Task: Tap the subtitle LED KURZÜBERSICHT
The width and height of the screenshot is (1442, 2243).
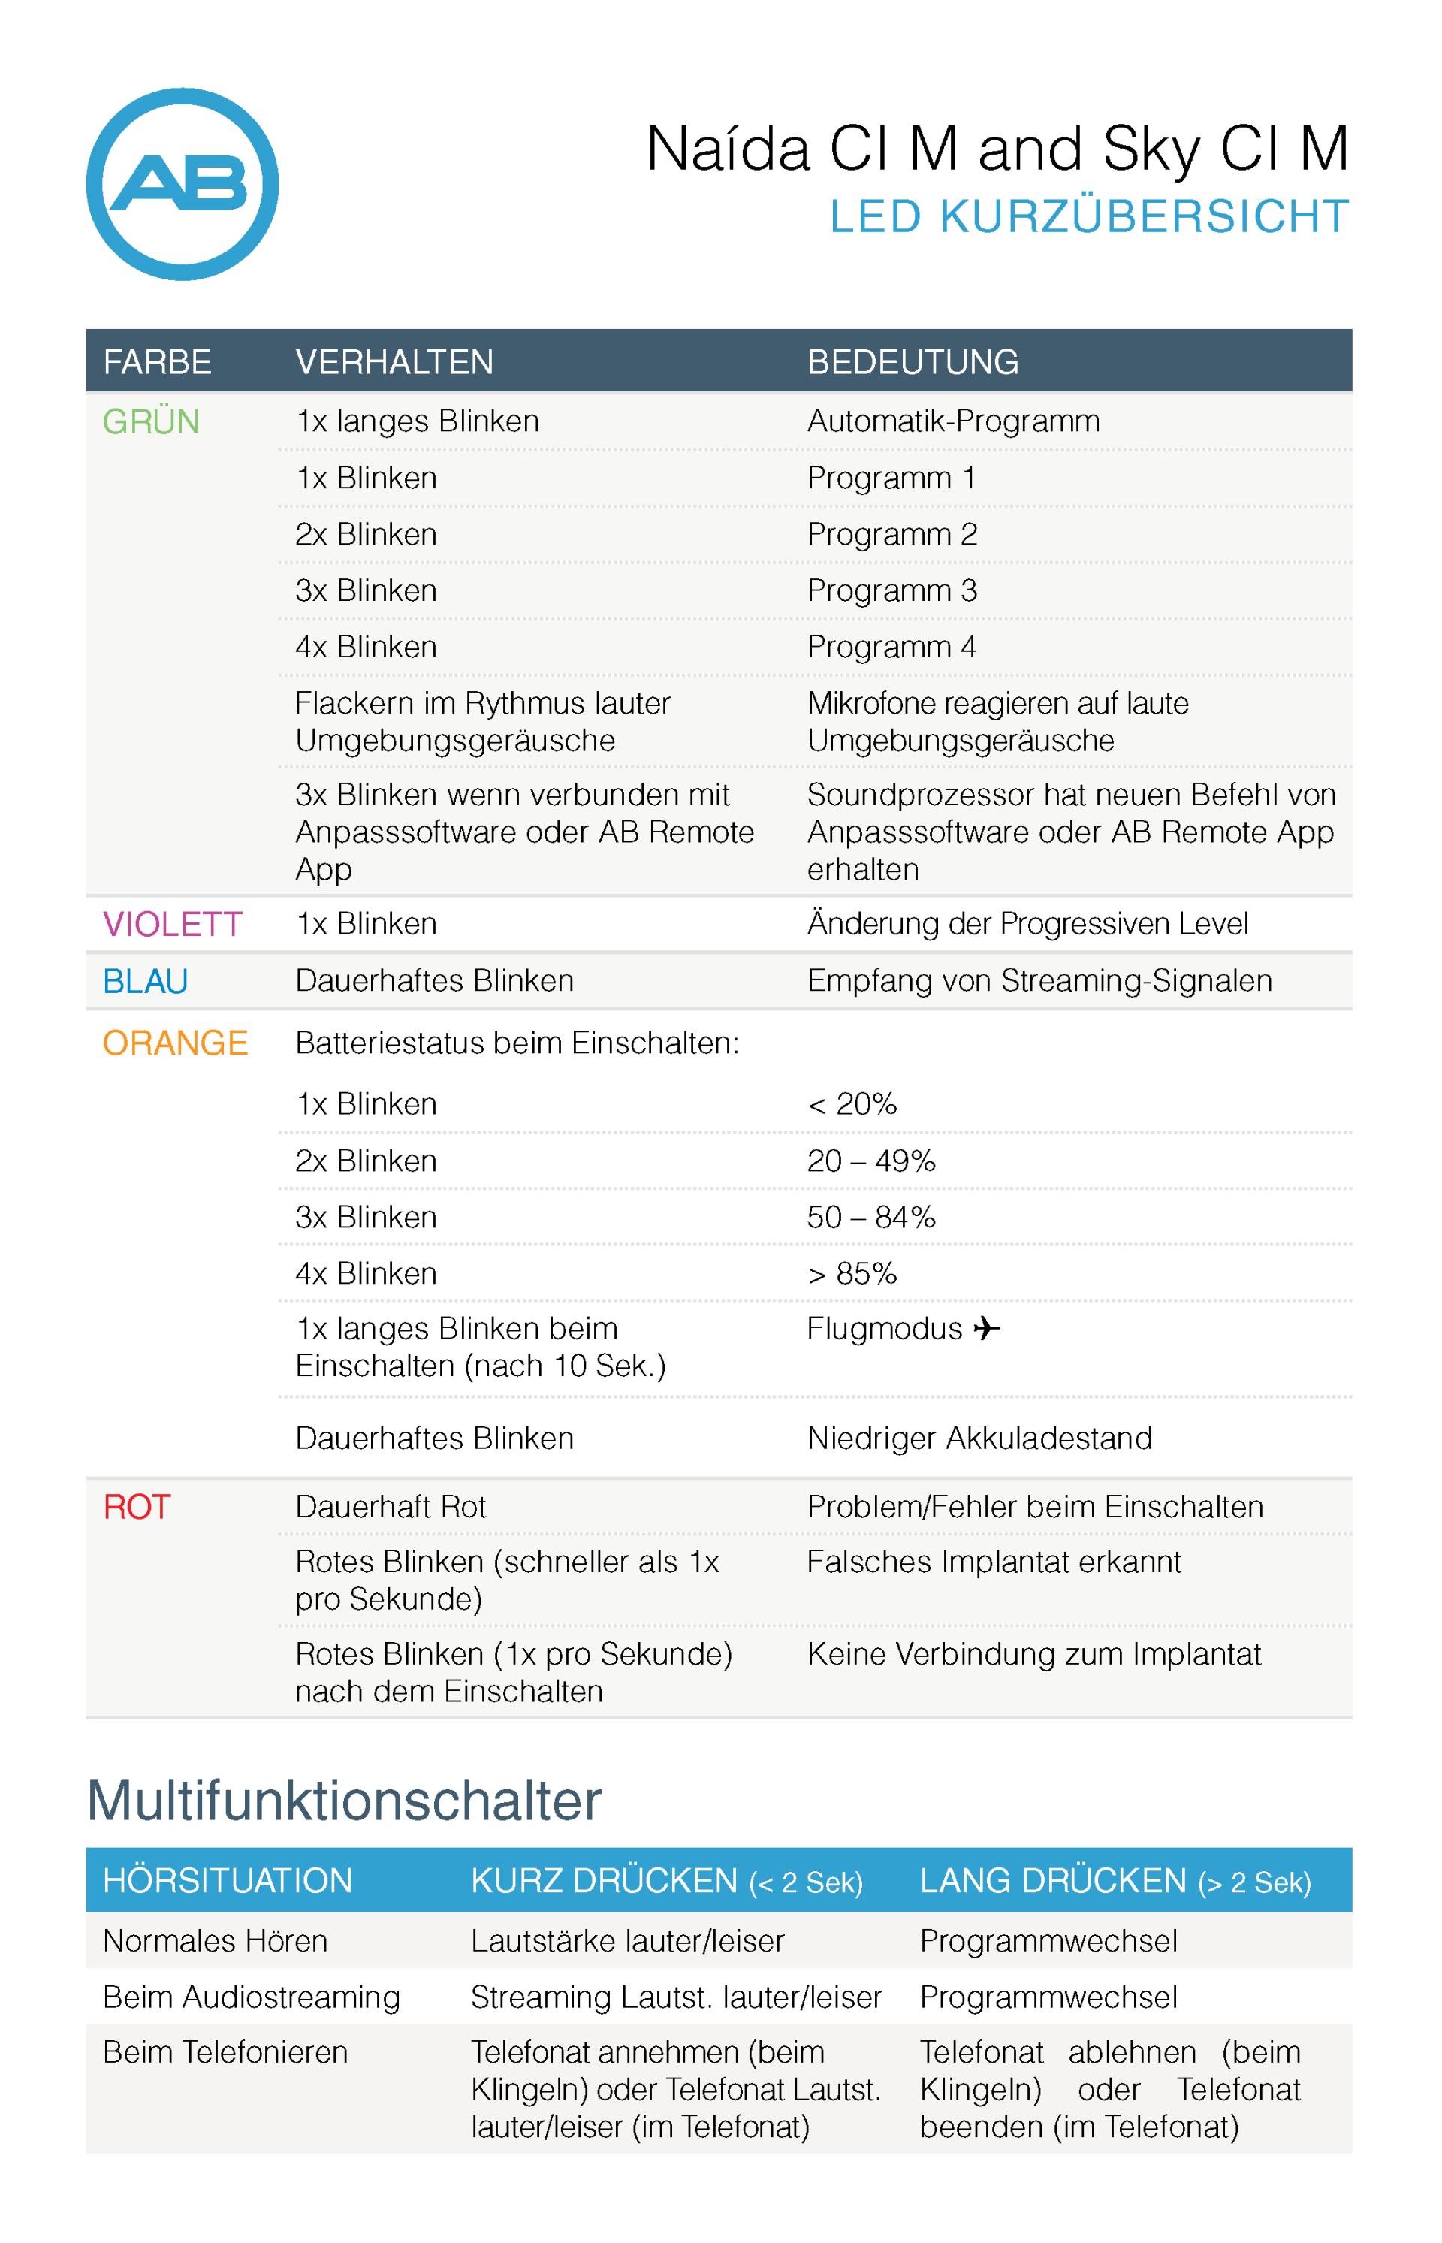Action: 1089,216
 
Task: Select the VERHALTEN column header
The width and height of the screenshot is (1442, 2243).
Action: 394,361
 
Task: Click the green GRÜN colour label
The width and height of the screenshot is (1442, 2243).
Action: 151,421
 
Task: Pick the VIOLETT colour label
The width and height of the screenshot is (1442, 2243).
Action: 172,925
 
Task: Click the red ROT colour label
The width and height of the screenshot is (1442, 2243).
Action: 137,1507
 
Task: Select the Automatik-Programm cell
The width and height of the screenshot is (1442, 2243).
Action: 953,421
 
